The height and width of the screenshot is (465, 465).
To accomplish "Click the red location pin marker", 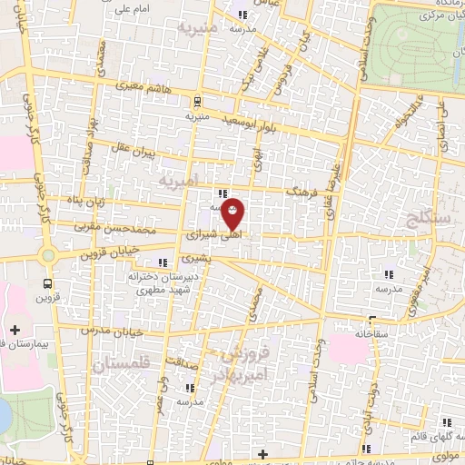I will (x=233, y=213).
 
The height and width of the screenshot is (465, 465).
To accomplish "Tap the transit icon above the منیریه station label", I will (x=197, y=102).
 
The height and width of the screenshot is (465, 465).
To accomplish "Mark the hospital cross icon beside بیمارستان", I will (x=14, y=330).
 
